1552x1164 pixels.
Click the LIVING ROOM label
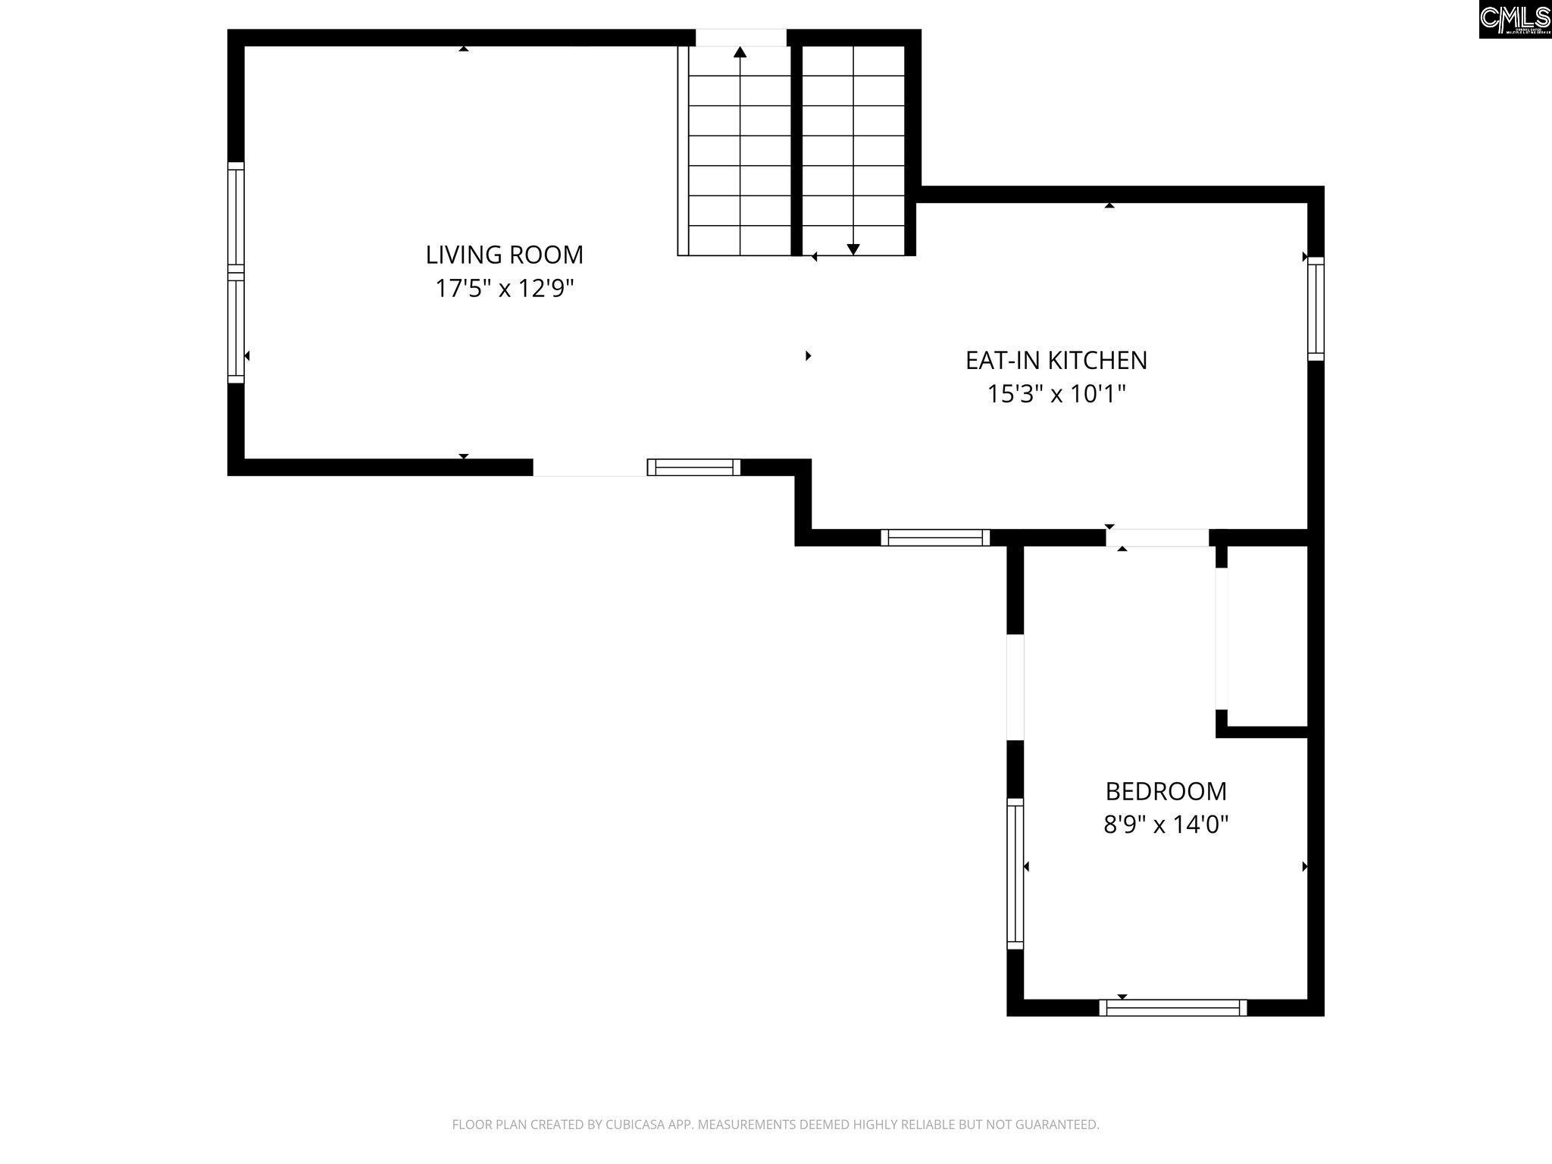pos(505,255)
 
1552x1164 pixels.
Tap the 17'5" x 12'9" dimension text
pos(505,289)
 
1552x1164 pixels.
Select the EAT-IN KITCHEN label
pos(1056,360)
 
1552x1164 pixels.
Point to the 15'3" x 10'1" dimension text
pos(1056,394)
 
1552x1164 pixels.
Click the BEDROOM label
pos(1166,791)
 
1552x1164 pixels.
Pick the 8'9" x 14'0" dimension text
pos(1166,824)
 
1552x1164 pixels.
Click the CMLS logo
pos(1515,19)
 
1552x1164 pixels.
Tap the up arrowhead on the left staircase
pos(740,52)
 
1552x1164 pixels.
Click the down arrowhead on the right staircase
pos(853,249)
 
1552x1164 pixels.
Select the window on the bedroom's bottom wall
pos(1173,1008)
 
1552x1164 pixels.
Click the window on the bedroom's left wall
pos(1015,874)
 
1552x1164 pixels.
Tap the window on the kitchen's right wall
pos(1316,308)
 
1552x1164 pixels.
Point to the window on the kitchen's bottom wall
pos(935,537)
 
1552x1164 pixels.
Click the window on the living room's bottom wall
pos(693,467)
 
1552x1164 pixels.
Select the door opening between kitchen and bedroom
pos(1157,537)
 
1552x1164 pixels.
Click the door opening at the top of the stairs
pos(741,37)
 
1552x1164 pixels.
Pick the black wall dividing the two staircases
pos(796,150)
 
